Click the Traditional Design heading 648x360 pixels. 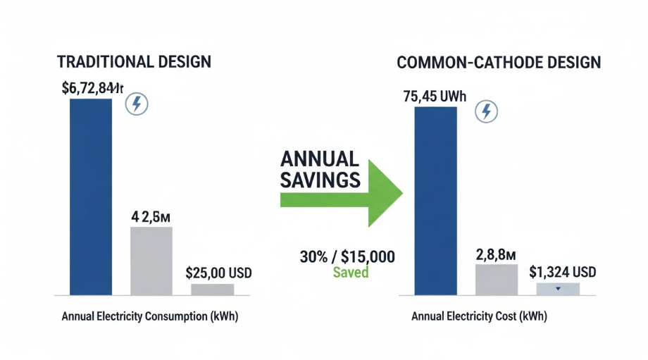pyautogui.click(x=133, y=62)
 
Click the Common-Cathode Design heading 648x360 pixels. pyautogui.click(x=499, y=63)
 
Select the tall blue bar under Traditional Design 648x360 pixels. pyautogui.click(x=90, y=197)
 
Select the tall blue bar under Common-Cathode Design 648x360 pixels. pyautogui.click(x=435, y=201)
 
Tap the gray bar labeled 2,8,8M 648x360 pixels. pyautogui.click(x=497, y=279)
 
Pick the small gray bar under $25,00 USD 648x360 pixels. pyautogui.click(x=212, y=289)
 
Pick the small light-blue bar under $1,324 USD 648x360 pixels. pyautogui.click(x=558, y=288)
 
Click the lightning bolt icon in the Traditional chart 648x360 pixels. pyautogui.click(x=137, y=104)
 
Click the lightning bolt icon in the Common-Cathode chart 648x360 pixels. pyautogui.click(x=486, y=111)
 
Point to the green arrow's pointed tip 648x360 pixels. pyautogui.click(x=401, y=192)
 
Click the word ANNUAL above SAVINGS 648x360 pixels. pyautogui.click(x=319, y=159)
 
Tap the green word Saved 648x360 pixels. pyautogui.click(x=350, y=272)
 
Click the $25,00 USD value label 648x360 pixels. pyautogui.click(x=218, y=272)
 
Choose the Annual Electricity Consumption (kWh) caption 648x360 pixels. pyautogui.click(x=150, y=316)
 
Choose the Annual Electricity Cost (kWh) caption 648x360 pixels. pyautogui.click(x=479, y=317)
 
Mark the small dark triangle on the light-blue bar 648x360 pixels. pyautogui.click(x=558, y=288)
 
